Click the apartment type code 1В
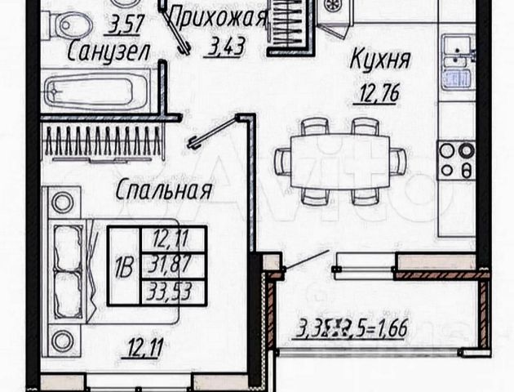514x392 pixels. [123, 265]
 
